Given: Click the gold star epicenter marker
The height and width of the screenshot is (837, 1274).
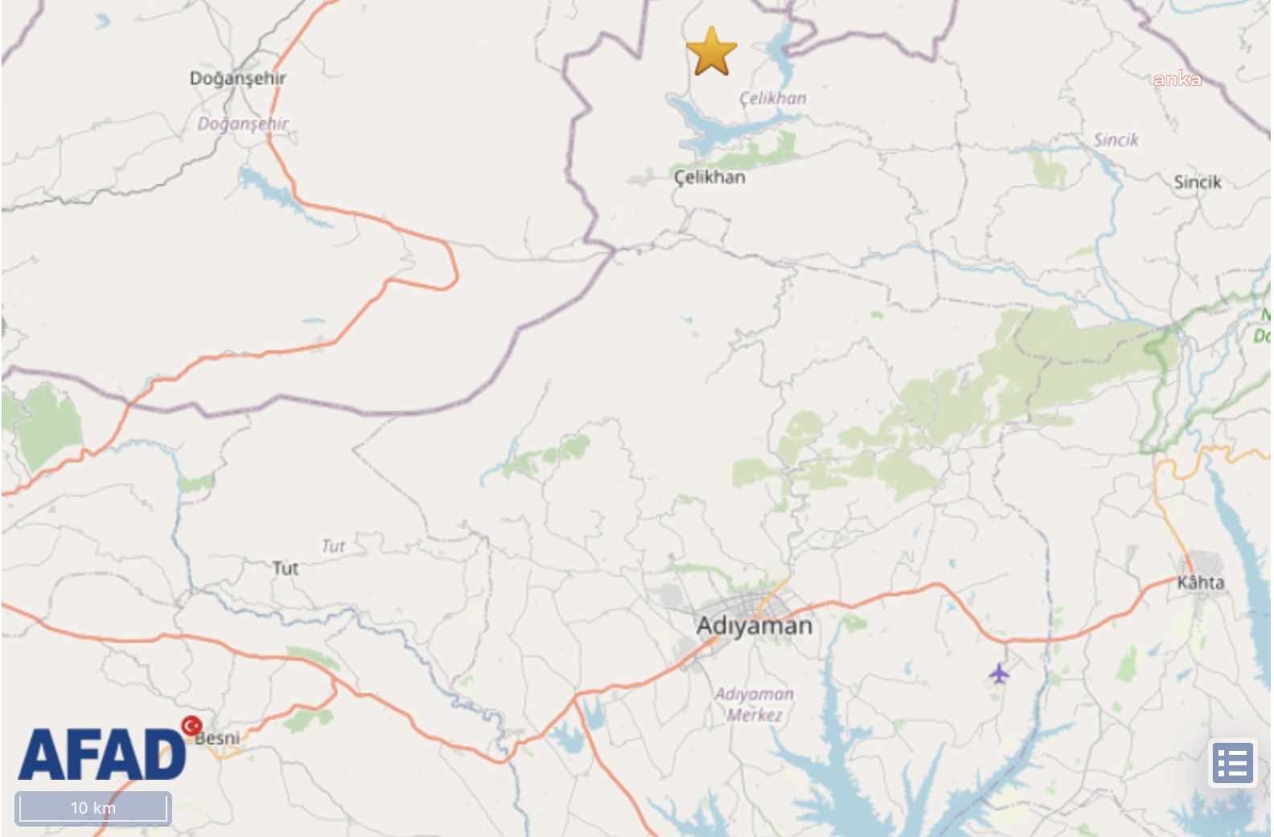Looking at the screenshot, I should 712,51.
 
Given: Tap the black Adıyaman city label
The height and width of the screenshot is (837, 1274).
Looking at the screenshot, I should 754,625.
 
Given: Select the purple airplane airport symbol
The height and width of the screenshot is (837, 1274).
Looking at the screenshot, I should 999,673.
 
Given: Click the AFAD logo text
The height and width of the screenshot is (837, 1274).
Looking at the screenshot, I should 101,755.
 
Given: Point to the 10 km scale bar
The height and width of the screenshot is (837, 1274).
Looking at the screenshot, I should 93,808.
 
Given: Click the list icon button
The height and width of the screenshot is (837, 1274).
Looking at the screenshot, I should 1233,763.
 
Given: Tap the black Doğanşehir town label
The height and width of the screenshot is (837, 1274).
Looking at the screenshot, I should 238,78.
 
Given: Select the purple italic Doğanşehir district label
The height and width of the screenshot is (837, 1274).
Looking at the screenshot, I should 243,123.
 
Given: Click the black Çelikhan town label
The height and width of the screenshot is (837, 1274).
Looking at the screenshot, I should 709,177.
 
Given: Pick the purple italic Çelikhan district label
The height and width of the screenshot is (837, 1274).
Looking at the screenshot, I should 773,98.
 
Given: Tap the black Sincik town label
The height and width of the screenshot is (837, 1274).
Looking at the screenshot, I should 1198,182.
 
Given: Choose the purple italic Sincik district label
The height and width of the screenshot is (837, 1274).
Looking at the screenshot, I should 1116,140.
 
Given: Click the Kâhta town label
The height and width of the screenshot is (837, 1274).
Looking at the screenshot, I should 1201,582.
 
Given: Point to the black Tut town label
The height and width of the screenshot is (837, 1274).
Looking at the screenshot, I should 286,568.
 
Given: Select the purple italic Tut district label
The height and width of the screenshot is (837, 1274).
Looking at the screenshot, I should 333,546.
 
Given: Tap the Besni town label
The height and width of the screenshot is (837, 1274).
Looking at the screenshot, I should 218,738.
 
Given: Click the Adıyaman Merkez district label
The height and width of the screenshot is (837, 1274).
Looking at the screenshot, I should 754,704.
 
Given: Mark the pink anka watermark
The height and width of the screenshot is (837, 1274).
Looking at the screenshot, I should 1177,79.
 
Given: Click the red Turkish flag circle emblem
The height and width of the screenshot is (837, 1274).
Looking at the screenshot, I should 191,726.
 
